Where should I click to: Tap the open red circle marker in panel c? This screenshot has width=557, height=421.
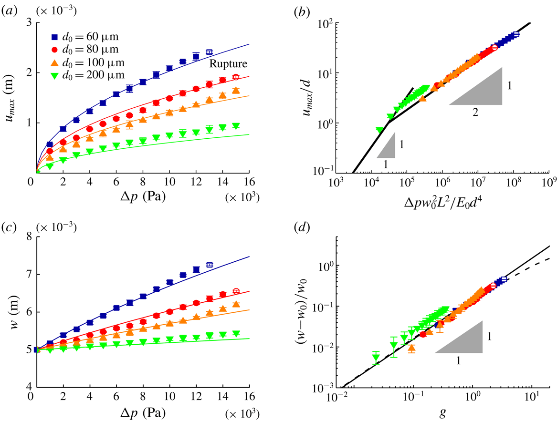point(236,291)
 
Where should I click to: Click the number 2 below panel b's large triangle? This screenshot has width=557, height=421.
point(475,113)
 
